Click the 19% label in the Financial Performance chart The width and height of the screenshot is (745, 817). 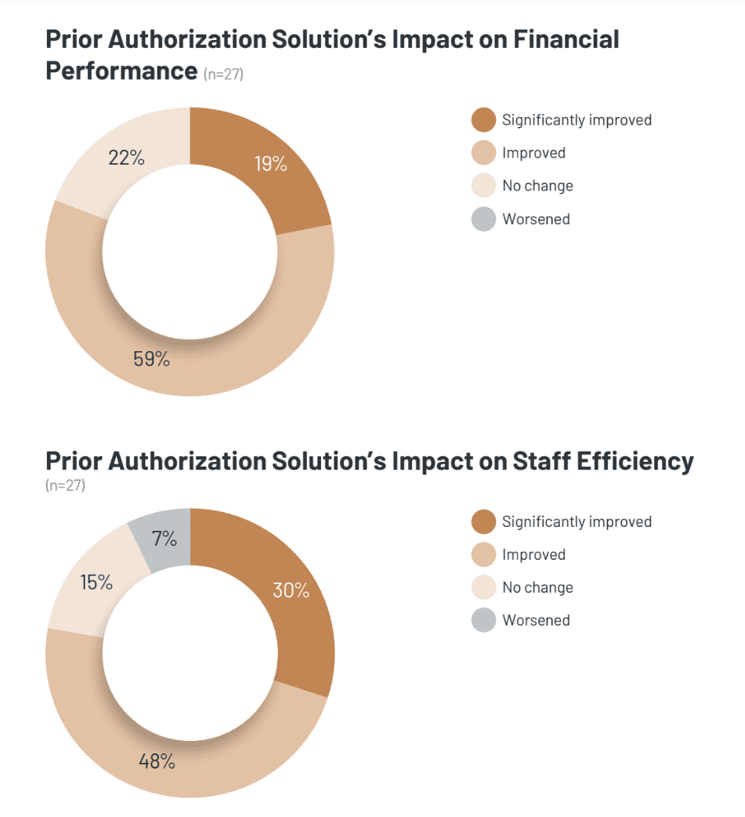coord(270,164)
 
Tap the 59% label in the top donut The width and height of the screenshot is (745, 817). coord(151,359)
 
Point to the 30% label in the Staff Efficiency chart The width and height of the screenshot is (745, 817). coord(291,590)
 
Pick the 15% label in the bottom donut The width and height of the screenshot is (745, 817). coord(96,583)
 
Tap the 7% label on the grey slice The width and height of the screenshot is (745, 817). coord(164,539)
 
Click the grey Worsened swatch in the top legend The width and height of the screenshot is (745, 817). coord(483,220)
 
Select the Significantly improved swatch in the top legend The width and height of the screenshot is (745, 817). coord(483,120)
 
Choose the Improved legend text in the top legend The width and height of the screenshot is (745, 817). coord(533,153)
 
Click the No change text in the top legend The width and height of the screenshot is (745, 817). coord(537,186)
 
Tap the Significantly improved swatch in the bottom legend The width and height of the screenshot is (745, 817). coord(483,521)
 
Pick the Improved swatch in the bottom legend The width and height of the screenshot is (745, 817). coord(483,554)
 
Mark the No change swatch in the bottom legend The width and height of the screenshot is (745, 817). coord(483,587)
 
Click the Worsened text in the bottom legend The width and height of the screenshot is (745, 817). coord(536,620)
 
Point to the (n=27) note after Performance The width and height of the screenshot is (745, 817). coord(223,74)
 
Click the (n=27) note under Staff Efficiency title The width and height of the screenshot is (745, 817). coord(65,485)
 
